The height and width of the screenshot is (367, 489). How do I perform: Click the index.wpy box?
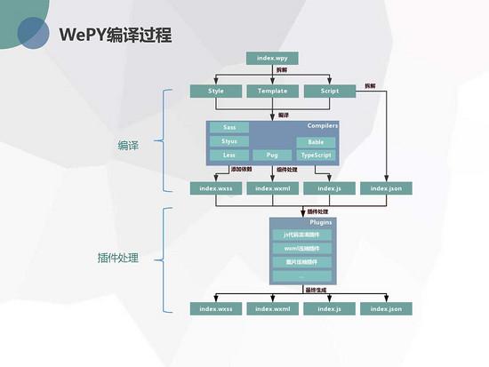coord(272,59)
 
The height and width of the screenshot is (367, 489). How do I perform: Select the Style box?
coord(216,91)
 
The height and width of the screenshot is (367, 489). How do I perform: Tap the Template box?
coord(272,91)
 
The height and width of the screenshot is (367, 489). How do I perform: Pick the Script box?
coord(323,91)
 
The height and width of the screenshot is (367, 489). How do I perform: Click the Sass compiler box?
coord(229,127)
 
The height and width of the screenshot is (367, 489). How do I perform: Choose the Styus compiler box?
coord(229,141)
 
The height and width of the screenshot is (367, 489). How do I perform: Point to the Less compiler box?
coord(229,156)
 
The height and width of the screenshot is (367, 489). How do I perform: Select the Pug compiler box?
coord(272,156)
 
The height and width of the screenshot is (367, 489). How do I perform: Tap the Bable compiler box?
coord(316,142)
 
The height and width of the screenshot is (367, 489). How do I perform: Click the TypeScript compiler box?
coord(316,156)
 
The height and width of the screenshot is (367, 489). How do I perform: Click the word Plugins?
coord(321,221)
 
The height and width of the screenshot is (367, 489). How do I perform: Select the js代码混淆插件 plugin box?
coord(301,234)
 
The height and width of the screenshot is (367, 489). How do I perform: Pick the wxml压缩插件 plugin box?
coord(301,248)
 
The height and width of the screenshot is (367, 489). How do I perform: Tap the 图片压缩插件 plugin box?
coord(301,262)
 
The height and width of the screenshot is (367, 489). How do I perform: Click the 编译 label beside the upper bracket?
coord(129,144)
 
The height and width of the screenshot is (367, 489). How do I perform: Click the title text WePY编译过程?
coord(115,36)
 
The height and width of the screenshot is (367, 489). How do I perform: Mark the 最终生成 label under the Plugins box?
coord(317,291)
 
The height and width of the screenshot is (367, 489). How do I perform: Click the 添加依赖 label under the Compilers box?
coord(242,169)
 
